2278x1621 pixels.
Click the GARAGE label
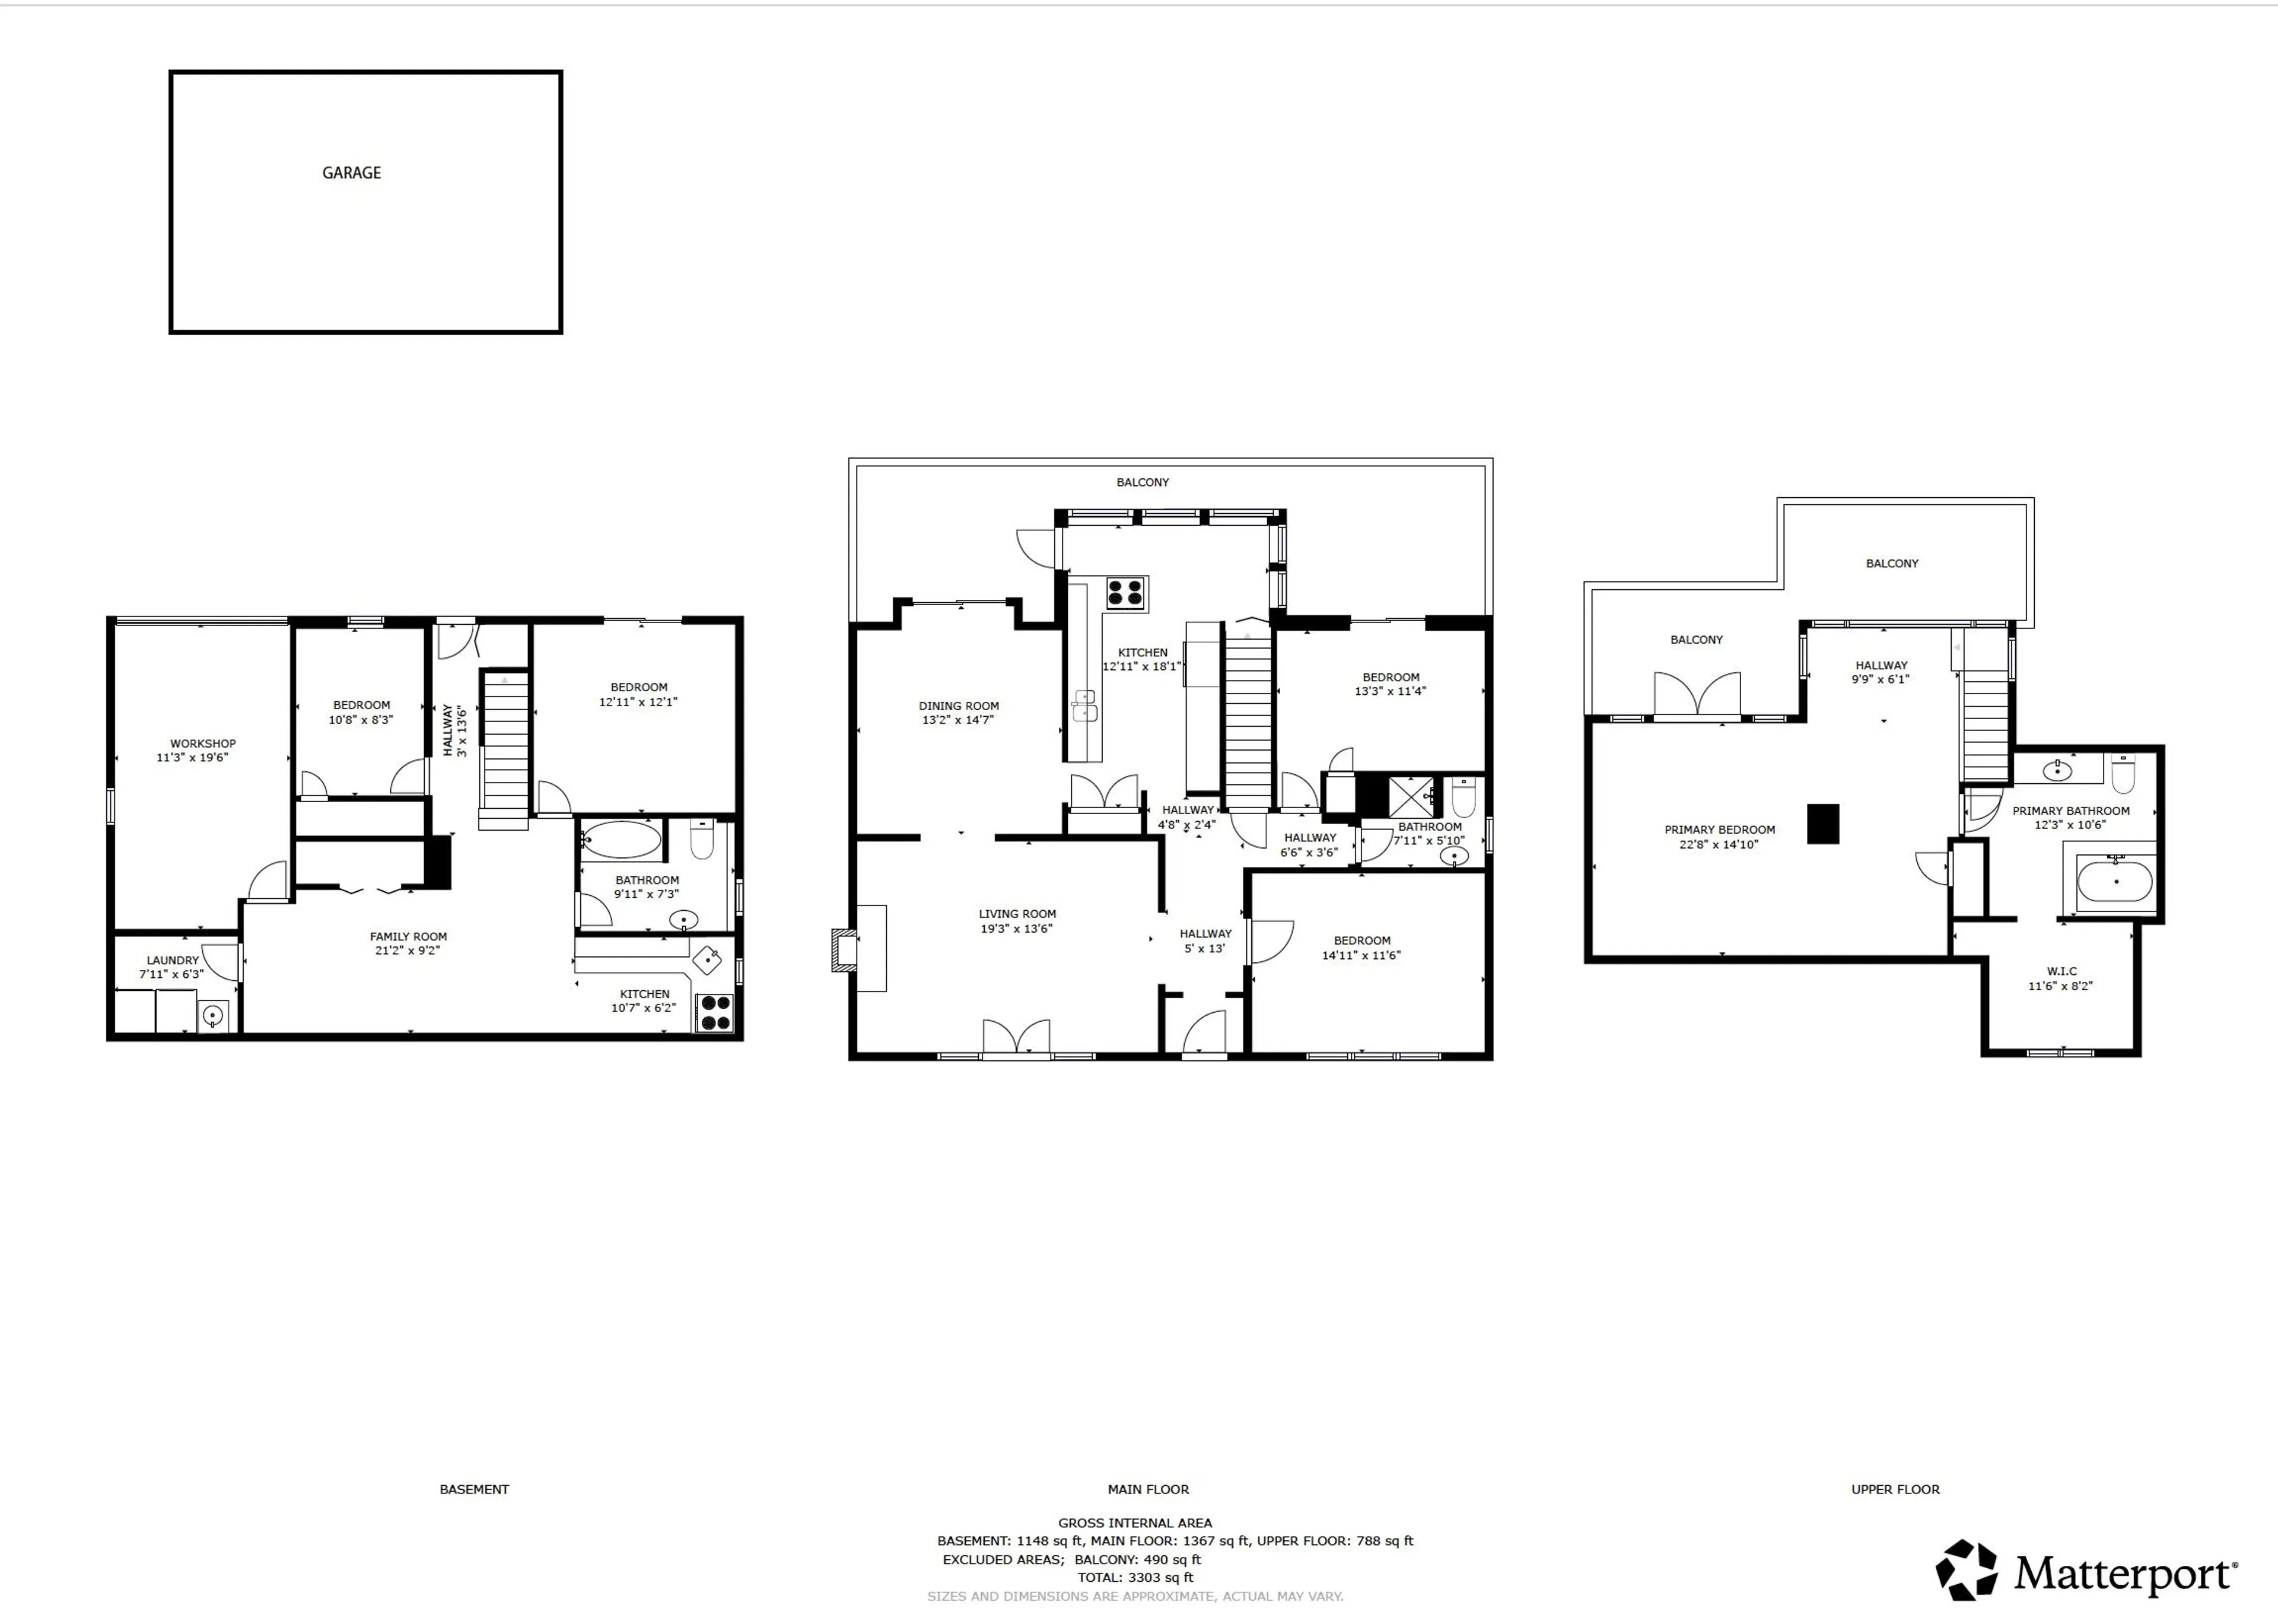(351, 173)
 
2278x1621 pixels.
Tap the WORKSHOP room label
(202, 743)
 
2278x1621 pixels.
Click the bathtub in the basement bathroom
(621, 840)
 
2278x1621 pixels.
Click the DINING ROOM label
(958, 705)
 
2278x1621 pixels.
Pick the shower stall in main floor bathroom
(1411, 796)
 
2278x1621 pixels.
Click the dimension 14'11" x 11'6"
(1361, 955)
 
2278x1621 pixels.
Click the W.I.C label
(2061, 971)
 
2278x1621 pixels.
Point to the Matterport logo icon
(1967, 1570)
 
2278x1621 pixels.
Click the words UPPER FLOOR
(1895, 1489)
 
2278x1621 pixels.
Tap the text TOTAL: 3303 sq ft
(1134, 1578)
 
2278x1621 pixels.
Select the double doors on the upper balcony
(1697, 695)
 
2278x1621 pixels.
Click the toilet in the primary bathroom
(2123, 774)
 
